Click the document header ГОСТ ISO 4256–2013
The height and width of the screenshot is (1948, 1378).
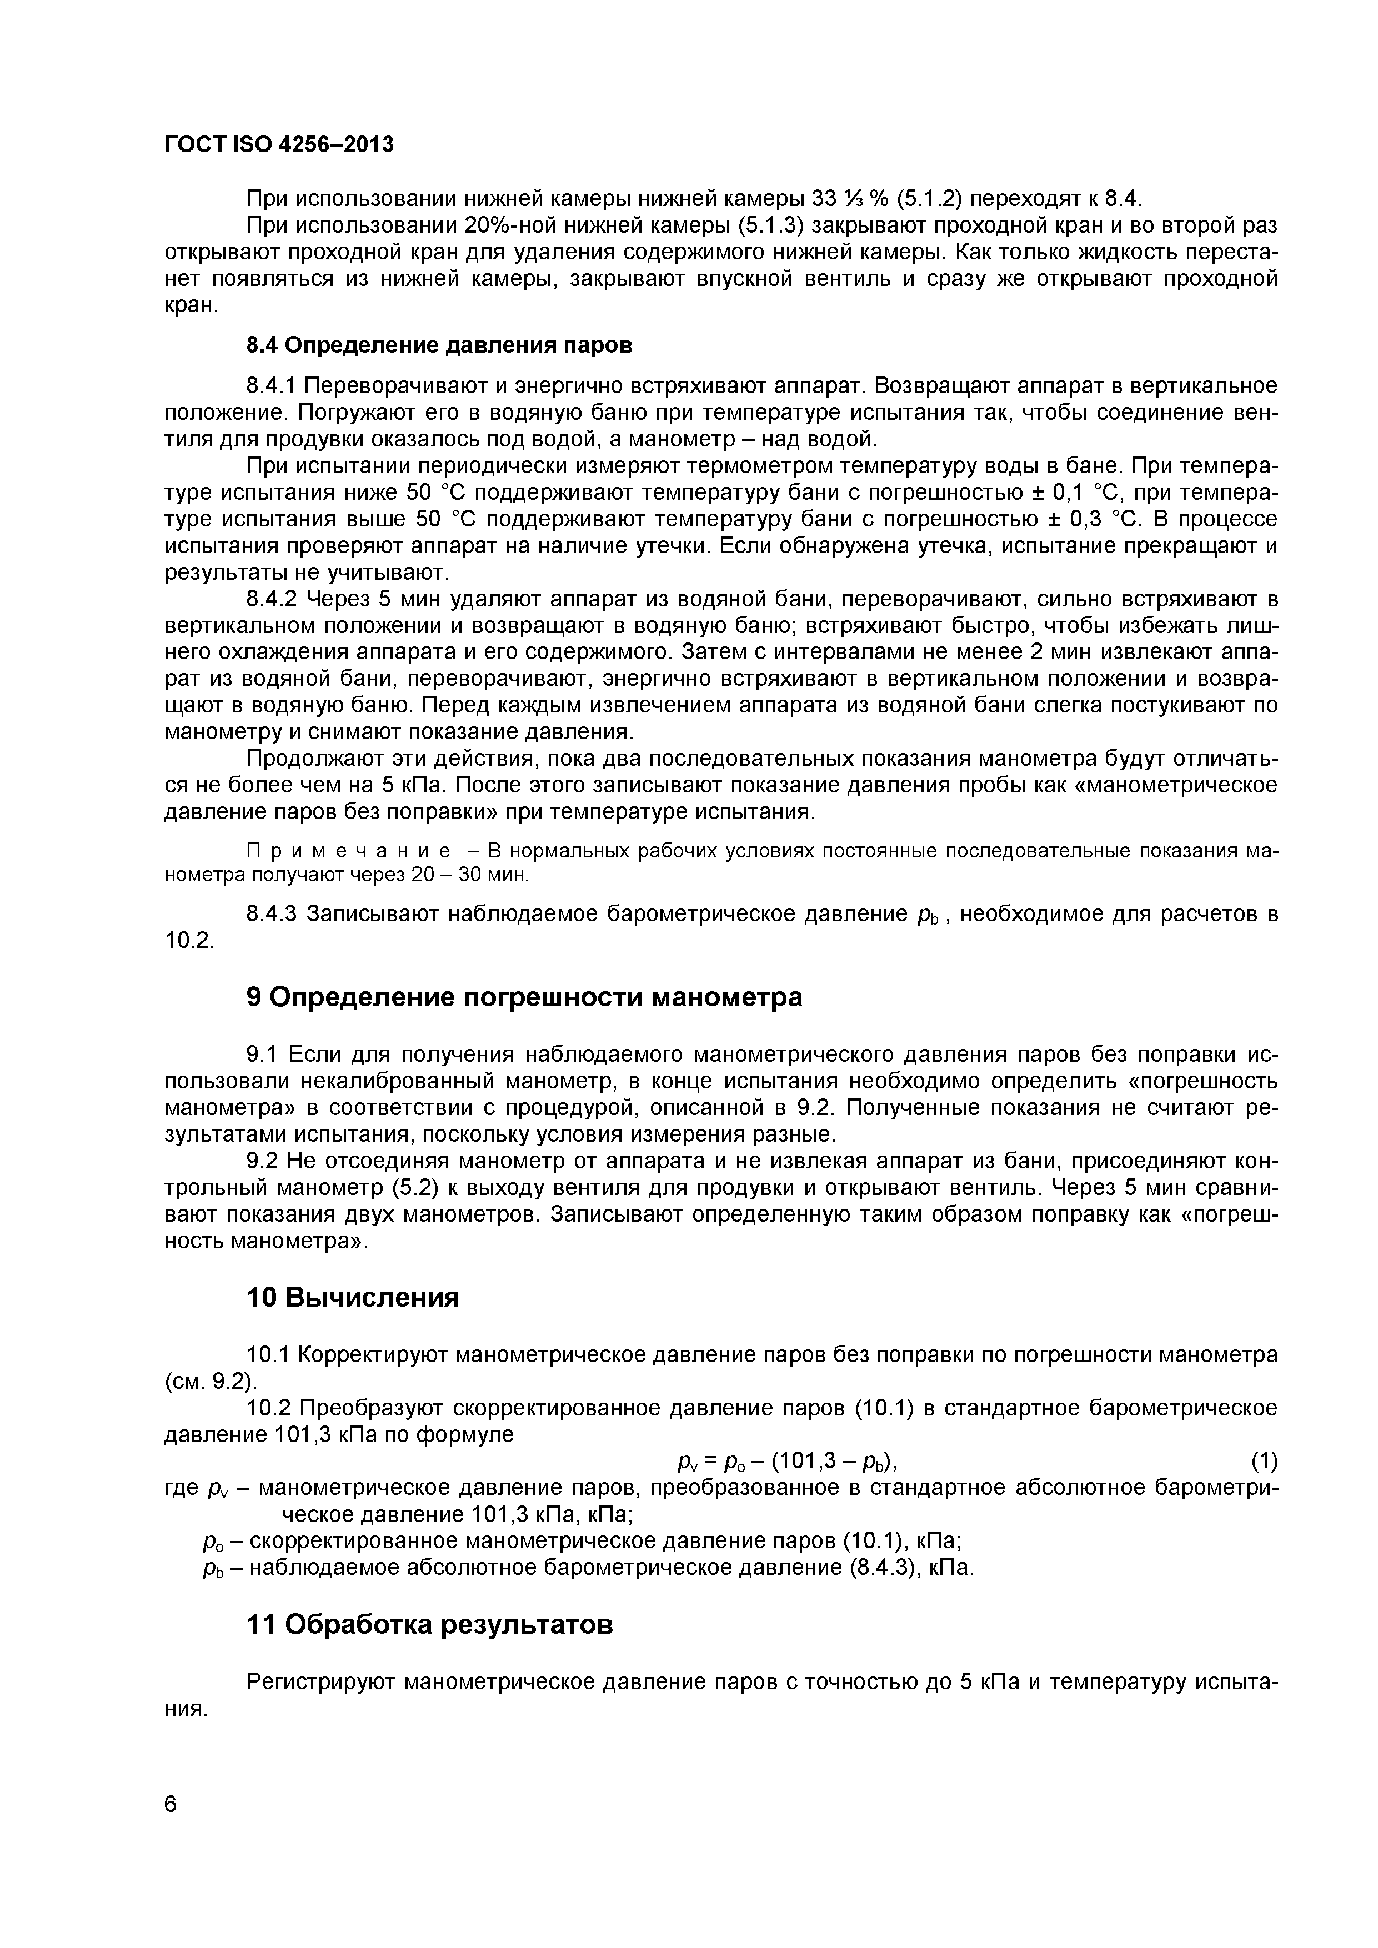[279, 145]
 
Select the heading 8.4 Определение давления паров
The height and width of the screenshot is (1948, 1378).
[439, 345]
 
